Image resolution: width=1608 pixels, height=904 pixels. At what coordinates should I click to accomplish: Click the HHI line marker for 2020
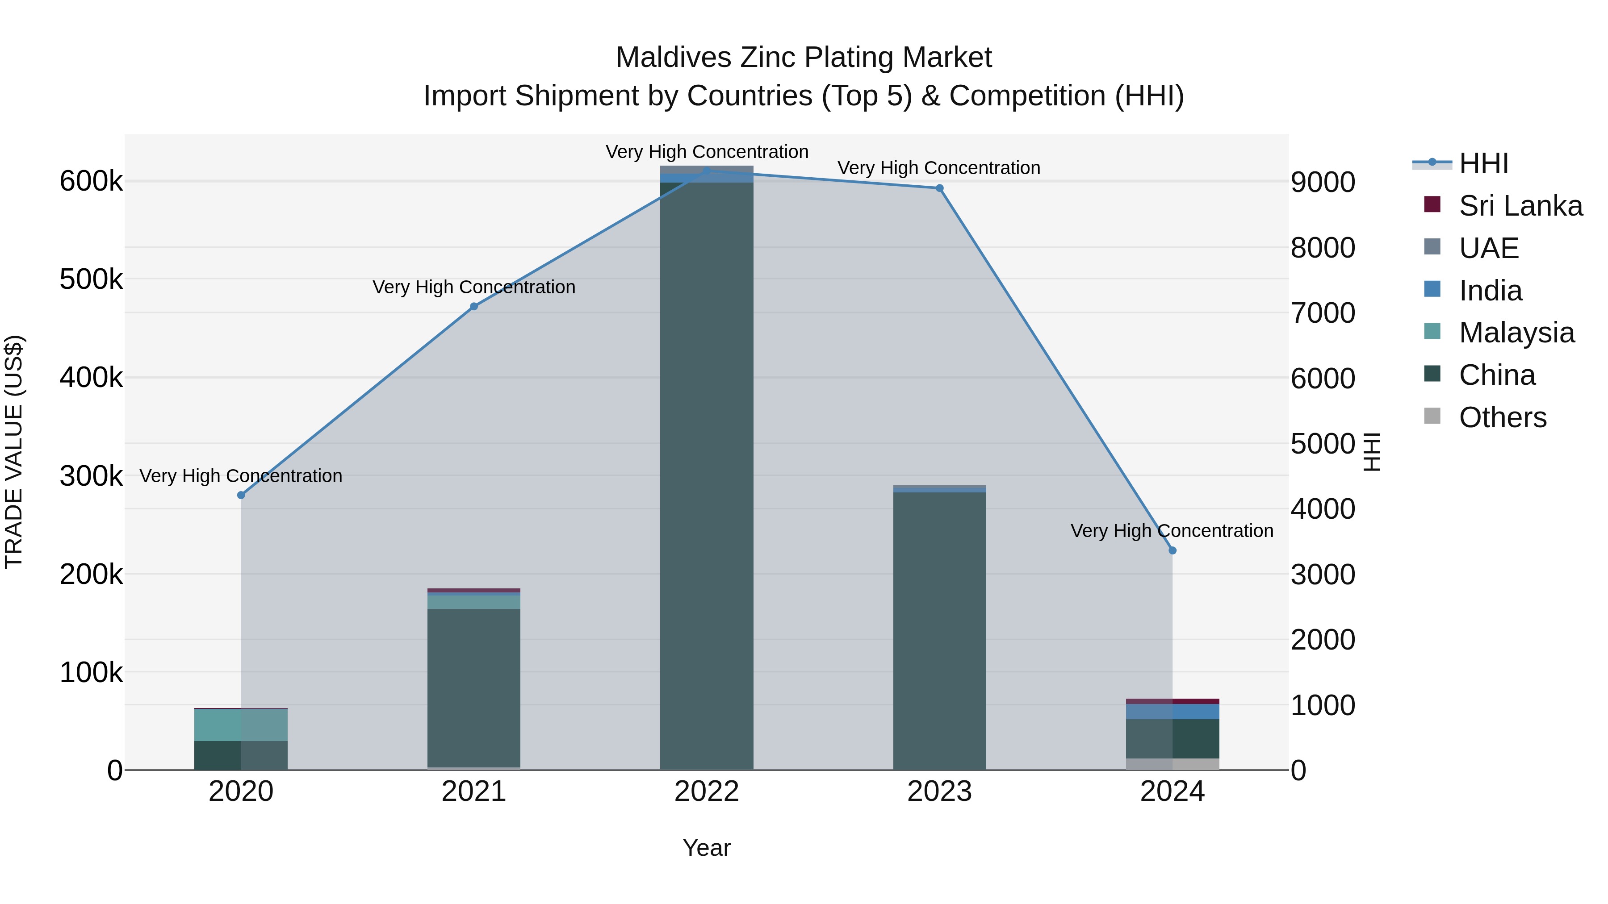tap(241, 495)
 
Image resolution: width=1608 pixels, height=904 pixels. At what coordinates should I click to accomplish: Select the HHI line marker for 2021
tap(474, 306)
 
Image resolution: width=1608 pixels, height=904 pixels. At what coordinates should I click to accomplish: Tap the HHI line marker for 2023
tap(939, 188)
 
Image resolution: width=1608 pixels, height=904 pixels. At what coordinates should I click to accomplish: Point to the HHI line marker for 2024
tap(1172, 550)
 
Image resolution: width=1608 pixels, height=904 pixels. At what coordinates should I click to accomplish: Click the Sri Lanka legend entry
tap(1520, 206)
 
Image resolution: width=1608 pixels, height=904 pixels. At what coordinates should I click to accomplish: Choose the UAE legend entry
tap(1488, 248)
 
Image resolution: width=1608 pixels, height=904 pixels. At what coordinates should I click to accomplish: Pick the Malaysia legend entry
tap(1516, 333)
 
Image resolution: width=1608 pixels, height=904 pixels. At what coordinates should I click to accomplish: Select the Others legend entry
tap(1503, 417)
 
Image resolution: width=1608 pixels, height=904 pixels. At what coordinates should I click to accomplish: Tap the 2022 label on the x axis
tap(707, 792)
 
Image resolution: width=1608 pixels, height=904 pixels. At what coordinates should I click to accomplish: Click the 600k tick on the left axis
tap(91, 182)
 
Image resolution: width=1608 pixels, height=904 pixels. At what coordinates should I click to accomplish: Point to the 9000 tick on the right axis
tap(1323, 182)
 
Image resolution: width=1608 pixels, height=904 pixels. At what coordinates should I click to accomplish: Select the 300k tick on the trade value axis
tap(91, 476)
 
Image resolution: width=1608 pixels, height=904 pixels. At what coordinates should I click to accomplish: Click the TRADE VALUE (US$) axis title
tap(14, 452)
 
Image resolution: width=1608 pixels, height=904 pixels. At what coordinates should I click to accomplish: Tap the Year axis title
tap(707, 848)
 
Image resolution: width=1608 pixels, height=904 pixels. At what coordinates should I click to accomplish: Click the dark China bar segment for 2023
tap(939, 630)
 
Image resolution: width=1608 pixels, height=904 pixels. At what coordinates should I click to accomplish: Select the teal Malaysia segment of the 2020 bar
tap(241, 725)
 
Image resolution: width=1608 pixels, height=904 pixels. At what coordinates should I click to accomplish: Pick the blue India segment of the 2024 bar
tap(1172, 711)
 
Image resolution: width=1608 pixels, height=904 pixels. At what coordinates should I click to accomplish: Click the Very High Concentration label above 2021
tap(474, 287)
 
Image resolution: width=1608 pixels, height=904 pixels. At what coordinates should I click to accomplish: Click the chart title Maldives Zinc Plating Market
tap(804, 58)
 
